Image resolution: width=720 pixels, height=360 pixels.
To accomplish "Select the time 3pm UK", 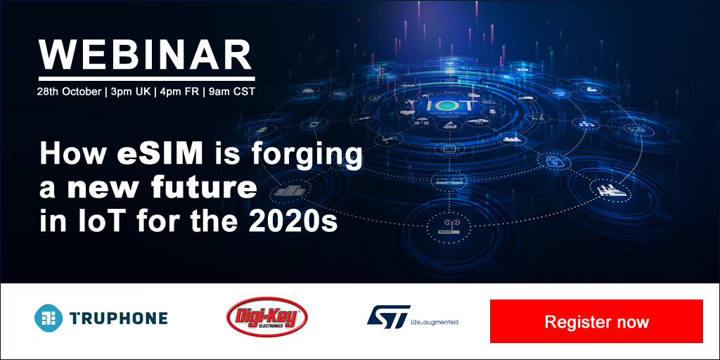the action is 130,91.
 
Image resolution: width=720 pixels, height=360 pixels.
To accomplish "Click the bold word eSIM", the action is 160,154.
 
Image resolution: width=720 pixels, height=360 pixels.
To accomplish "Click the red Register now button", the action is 596,321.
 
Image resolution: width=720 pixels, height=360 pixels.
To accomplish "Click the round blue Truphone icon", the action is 49,318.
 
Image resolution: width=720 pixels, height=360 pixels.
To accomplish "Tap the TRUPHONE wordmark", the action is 118,318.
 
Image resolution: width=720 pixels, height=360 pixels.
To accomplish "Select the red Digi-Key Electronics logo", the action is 266,317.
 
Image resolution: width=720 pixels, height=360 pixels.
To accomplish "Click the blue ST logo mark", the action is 388,317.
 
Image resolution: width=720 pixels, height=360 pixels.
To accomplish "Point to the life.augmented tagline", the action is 434,322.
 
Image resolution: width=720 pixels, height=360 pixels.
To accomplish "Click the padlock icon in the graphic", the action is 551,161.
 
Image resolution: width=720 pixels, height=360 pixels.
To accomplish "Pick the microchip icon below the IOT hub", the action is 447,148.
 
